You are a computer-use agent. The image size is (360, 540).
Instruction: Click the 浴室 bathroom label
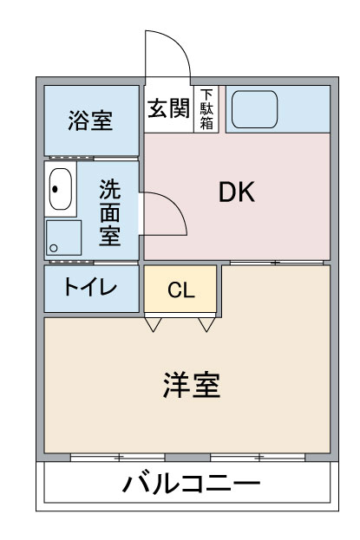click(90, 120)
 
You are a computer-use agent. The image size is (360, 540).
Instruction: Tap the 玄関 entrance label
click(169, 108)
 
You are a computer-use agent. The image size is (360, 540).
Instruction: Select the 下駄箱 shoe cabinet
click(206, 109)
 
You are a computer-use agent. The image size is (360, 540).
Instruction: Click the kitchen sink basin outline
click(254, 109)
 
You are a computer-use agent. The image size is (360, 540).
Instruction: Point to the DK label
click(237, 192)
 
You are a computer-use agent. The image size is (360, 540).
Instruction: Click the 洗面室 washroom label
click(110, 212)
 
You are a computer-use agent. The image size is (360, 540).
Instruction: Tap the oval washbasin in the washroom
click(61, 189)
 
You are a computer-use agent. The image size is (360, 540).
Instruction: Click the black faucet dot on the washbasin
click(55, 189)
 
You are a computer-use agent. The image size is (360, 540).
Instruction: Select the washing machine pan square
click(64, 237)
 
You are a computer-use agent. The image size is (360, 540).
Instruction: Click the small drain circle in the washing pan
click(54, 248)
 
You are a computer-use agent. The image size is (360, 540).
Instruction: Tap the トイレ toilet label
click(91, 287)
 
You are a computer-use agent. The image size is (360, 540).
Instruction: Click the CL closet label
click(181, 290)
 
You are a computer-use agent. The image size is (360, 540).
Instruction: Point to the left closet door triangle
click(153, 324)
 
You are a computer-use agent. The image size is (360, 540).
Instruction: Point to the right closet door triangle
click(206, 324)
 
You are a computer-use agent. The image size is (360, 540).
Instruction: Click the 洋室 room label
click(192, 385)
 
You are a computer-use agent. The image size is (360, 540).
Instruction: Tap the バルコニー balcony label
click(192, 484)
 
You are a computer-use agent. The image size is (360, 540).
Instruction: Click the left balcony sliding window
click(118, 458)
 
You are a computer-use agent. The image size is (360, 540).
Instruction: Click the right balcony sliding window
click(258, 458)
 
